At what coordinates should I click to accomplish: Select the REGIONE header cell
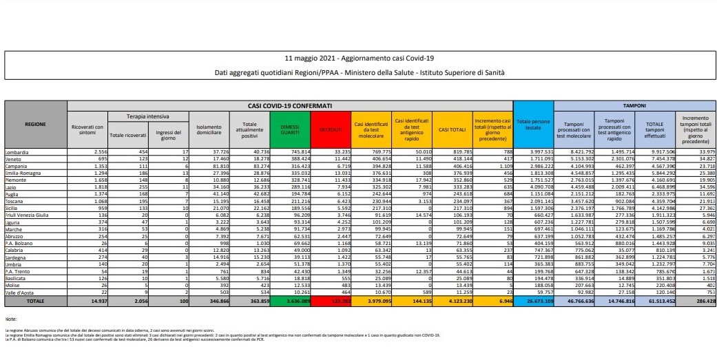(x=36, y=125)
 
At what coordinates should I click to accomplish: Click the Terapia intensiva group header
(x=147, y=116)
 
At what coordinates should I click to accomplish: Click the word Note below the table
(x=10, y=320)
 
